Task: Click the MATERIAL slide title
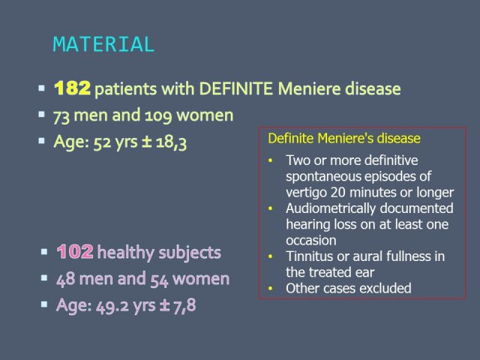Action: (103, 44)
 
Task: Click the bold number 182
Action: (72, 88)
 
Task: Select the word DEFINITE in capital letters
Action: (235, 88)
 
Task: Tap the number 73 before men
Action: (61, 116)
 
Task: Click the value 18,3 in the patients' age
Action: (171, 142)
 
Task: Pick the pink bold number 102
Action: (75, 252)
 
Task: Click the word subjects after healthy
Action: (190, 253)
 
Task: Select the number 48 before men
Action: (65, 279)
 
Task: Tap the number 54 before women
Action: (159, 280)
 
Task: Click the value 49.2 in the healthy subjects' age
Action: (112, 306)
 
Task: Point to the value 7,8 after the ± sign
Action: (184, 305)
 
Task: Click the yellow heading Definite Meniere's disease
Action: (344, 138)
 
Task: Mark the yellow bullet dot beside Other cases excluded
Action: (270, 288)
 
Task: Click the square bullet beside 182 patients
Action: (42, 88)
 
